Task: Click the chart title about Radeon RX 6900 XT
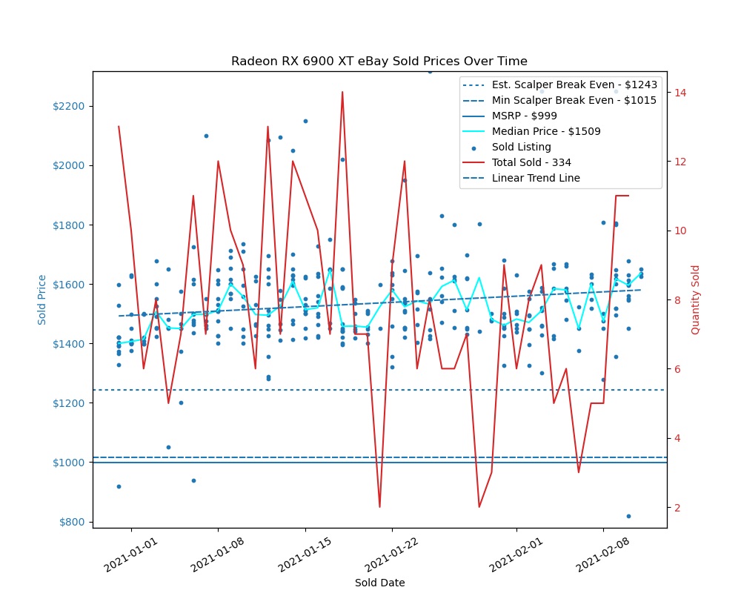point(379,61)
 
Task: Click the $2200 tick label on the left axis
point(73,106)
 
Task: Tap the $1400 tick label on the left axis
point(73,344)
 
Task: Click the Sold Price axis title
point(42,299)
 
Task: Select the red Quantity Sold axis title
point(695,299)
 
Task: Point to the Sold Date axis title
point(379,583)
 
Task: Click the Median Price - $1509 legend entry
point(546,131)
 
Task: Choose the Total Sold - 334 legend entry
point(531,162)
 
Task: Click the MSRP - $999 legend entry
point(524,116)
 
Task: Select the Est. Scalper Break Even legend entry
point(574,85)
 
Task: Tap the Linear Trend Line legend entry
point(536,178)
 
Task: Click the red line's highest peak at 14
point(342,92)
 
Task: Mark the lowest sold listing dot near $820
point(628,516)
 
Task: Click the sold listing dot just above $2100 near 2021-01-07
point(206,136)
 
